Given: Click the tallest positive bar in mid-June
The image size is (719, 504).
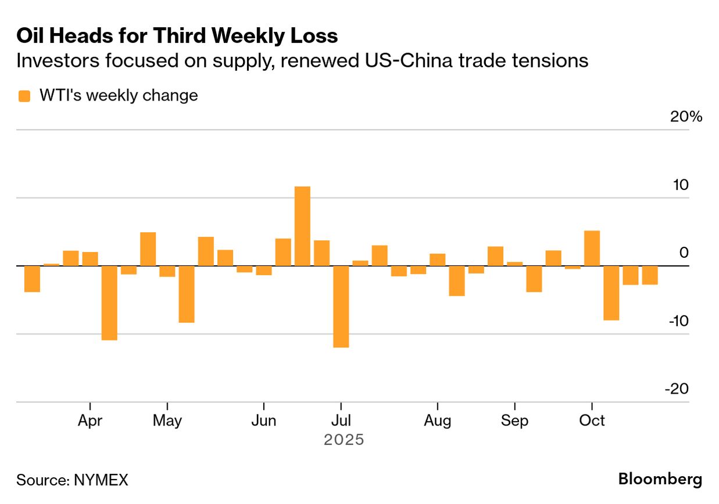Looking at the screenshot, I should point(302,226).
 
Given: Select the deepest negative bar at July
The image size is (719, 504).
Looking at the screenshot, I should point(341,307).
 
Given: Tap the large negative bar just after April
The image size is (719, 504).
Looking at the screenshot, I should point(109,303).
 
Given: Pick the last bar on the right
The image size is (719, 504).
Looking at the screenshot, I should point(650,275).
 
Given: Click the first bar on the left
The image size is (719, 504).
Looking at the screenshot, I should point(32,279).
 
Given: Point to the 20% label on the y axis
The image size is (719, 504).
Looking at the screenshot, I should point(686,117).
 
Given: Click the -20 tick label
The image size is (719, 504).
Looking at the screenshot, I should point(677,389).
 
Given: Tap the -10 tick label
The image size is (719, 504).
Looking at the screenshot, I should point(677,321).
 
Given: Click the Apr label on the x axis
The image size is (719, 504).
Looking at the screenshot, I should point(90,420).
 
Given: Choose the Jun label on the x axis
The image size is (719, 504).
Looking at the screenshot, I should point(264,420).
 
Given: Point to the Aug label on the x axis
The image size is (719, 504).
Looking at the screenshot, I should point(437,420).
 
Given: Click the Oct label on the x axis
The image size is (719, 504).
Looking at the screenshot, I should point(592,420).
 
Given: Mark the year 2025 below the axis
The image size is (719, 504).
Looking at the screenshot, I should point(344,440).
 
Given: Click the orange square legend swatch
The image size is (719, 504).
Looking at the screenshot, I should point(24,96).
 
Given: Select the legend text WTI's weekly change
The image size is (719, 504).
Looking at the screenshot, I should point(119,95).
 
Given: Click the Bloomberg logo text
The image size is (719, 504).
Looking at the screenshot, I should point(660,480).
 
